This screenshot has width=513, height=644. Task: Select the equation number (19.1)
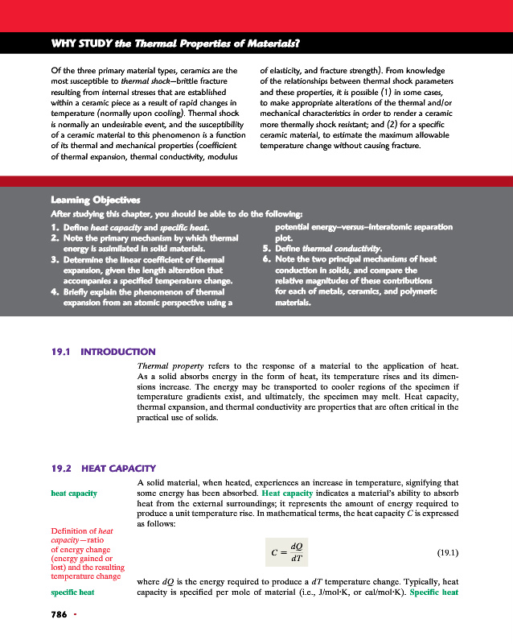pos(447,553)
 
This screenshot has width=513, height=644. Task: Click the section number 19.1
pos(63,351)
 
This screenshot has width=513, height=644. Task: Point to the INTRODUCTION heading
pos(119,351)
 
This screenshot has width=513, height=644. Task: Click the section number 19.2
pos(63,468)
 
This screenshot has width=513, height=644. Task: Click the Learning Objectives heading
pos(96,199)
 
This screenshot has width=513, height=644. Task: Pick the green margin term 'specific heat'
pos(73,592)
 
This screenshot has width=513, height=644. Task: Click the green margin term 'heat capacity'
pos(74,493)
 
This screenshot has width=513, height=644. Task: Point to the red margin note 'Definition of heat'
pos(82,531)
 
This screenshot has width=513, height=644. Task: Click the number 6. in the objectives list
pos(267,259)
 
